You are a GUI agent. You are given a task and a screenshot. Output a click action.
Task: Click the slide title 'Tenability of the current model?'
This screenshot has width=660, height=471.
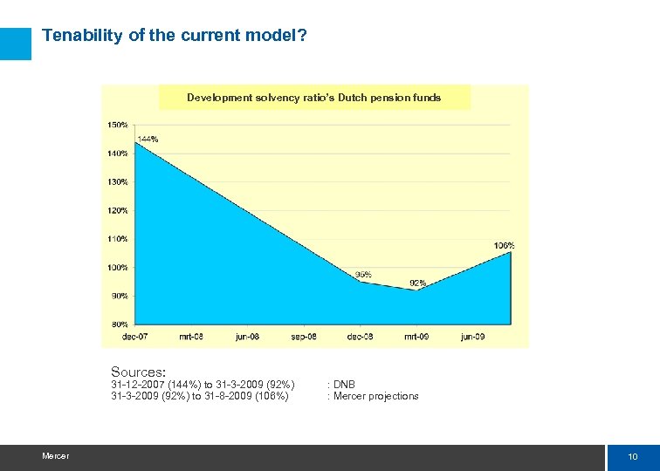174,36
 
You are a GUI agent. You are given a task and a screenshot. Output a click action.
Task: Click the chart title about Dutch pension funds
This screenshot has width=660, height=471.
313,98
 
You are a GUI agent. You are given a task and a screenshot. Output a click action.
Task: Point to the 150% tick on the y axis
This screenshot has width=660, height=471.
118,125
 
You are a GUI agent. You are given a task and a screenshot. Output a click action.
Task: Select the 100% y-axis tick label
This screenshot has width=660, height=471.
118,268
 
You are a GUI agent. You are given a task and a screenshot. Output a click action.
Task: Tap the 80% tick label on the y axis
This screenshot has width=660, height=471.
120,324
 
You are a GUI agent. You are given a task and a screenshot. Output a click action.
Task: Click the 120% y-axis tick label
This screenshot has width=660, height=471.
118,210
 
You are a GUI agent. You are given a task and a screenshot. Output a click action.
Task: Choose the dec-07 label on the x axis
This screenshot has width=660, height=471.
134,337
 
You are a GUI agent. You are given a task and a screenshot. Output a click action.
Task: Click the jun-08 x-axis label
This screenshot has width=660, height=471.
247,337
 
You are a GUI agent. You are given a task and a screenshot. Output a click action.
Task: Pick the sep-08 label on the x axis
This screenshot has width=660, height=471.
303,337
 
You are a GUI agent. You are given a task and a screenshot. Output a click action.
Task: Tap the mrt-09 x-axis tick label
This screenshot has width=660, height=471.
416,337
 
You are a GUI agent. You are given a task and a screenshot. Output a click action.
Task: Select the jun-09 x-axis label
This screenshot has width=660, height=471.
472,337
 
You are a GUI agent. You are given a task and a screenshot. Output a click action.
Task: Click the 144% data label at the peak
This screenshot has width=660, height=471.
148,139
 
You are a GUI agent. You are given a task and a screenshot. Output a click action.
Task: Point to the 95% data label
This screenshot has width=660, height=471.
363,275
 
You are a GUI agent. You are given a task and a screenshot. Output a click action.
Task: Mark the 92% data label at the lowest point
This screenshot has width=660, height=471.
417,283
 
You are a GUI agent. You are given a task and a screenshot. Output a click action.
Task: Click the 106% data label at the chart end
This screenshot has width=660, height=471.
504,246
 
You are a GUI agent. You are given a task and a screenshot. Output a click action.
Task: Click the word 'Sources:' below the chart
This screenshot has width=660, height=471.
138,372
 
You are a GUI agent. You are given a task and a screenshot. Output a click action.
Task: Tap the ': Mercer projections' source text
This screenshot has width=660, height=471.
373,396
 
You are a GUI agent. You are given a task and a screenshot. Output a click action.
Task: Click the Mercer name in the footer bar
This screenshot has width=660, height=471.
55,456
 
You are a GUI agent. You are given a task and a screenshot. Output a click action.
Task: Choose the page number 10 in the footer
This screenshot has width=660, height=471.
632,457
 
